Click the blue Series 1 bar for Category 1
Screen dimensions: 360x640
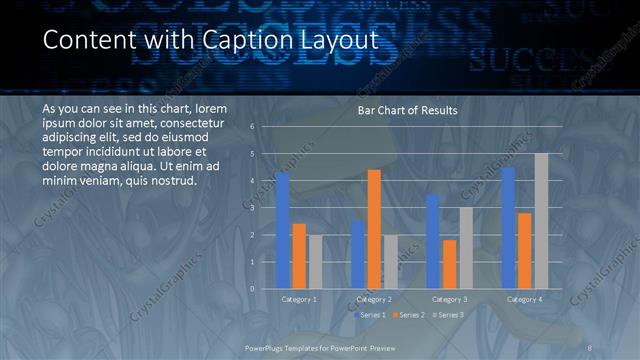coord(283,231)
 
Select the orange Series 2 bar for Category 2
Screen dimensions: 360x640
coord(374,230)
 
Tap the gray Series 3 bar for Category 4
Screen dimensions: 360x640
coord(541,221)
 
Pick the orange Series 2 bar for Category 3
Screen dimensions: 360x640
coord(449,265)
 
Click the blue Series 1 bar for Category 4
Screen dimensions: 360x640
coord(508,228)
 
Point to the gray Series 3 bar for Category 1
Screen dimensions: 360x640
coord(316,262)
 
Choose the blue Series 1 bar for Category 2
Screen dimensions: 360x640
coord(358,255)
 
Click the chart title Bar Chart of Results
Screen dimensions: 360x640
coord(407,111)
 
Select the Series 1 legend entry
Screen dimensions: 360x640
coord(369,315)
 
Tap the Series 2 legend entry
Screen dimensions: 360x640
coord(408,315)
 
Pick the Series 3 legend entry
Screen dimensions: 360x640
coord(448,315)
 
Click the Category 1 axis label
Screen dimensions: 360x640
coord(299,299)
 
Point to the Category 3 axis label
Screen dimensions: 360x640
coord(449,299)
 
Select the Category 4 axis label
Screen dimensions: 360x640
coord(524,299)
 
